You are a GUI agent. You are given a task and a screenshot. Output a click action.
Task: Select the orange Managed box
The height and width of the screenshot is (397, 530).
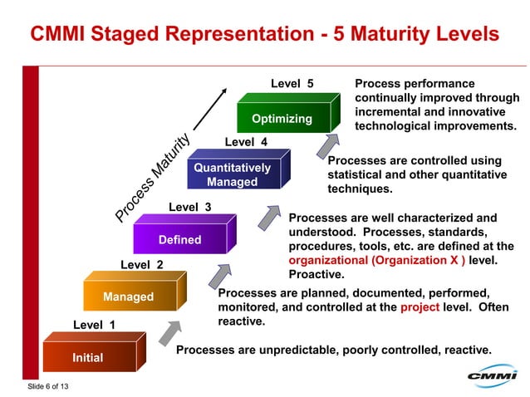[128, 297]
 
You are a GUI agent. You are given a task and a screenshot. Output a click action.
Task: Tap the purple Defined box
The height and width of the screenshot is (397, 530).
[179, 239]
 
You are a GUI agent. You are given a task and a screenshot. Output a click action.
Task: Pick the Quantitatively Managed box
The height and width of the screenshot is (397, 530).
[232, 174]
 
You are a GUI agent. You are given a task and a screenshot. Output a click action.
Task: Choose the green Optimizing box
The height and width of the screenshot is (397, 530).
[282, 118]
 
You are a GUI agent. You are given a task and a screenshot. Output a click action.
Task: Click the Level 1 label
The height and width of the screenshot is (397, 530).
[94, 325]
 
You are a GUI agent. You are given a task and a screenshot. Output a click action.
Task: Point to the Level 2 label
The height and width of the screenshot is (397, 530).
[142, 265]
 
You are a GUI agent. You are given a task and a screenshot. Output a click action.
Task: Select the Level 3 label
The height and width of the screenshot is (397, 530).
[190, 206]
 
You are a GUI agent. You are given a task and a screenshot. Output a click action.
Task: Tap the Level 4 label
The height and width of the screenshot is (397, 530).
[246, 142]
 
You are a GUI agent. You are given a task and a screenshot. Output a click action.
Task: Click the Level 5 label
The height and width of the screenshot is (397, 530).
[292, 84]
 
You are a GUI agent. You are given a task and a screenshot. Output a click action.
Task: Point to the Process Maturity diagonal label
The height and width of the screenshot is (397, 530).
[154, 179]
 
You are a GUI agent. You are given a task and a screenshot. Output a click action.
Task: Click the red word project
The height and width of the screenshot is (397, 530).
[420, 306]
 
